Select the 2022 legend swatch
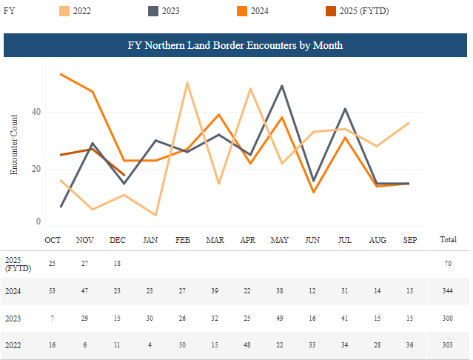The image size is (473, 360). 65,11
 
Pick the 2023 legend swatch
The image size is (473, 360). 152,11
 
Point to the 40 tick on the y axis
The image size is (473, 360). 36,112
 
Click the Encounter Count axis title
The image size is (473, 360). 14,144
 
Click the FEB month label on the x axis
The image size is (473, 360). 182,240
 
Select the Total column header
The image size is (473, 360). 448,240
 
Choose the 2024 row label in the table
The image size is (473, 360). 13,292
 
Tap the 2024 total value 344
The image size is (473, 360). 448,292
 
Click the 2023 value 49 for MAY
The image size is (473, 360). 279,319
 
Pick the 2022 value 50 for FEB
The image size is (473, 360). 182,345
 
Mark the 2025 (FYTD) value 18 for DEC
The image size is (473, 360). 118,264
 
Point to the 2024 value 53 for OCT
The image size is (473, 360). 53,292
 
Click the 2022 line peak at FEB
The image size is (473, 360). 187,83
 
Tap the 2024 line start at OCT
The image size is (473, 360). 60,74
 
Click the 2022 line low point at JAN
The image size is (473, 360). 155,215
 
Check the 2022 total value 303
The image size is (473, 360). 448,345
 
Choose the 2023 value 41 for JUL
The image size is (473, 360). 344,319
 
